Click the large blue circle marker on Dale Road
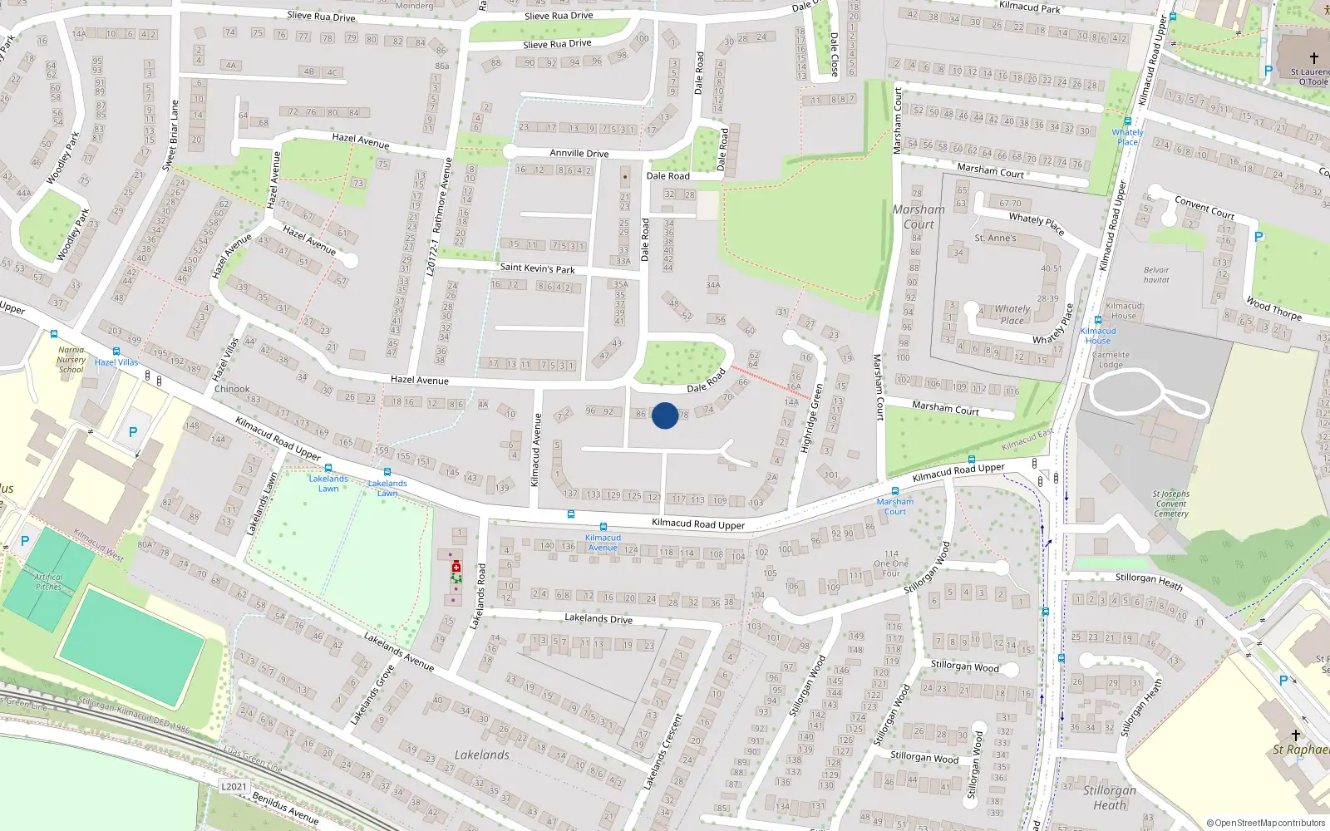(x=664, y=415)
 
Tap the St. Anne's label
(x=995, y=238)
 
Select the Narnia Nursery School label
(x=71, y=360)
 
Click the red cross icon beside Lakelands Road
(x=456, y=567)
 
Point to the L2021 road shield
(x=234, y=786)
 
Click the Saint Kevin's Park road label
(x=537, y=268)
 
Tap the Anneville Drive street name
(x=579, y=154)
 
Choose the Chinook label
(x=232, y=389)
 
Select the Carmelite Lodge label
(x=1111, y=360)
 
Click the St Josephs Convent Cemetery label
(x=1170, y=504)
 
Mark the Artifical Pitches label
(x=48, y=582)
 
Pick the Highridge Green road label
(x=812, y=417)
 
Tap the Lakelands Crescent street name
(x=663, y=751)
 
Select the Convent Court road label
(x=1204, y=207)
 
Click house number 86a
(x=442, y=66)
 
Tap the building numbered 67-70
(x=1010, y=204)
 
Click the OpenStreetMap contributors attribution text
(x=1265, y=824)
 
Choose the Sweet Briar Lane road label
(x=170, y=135)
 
